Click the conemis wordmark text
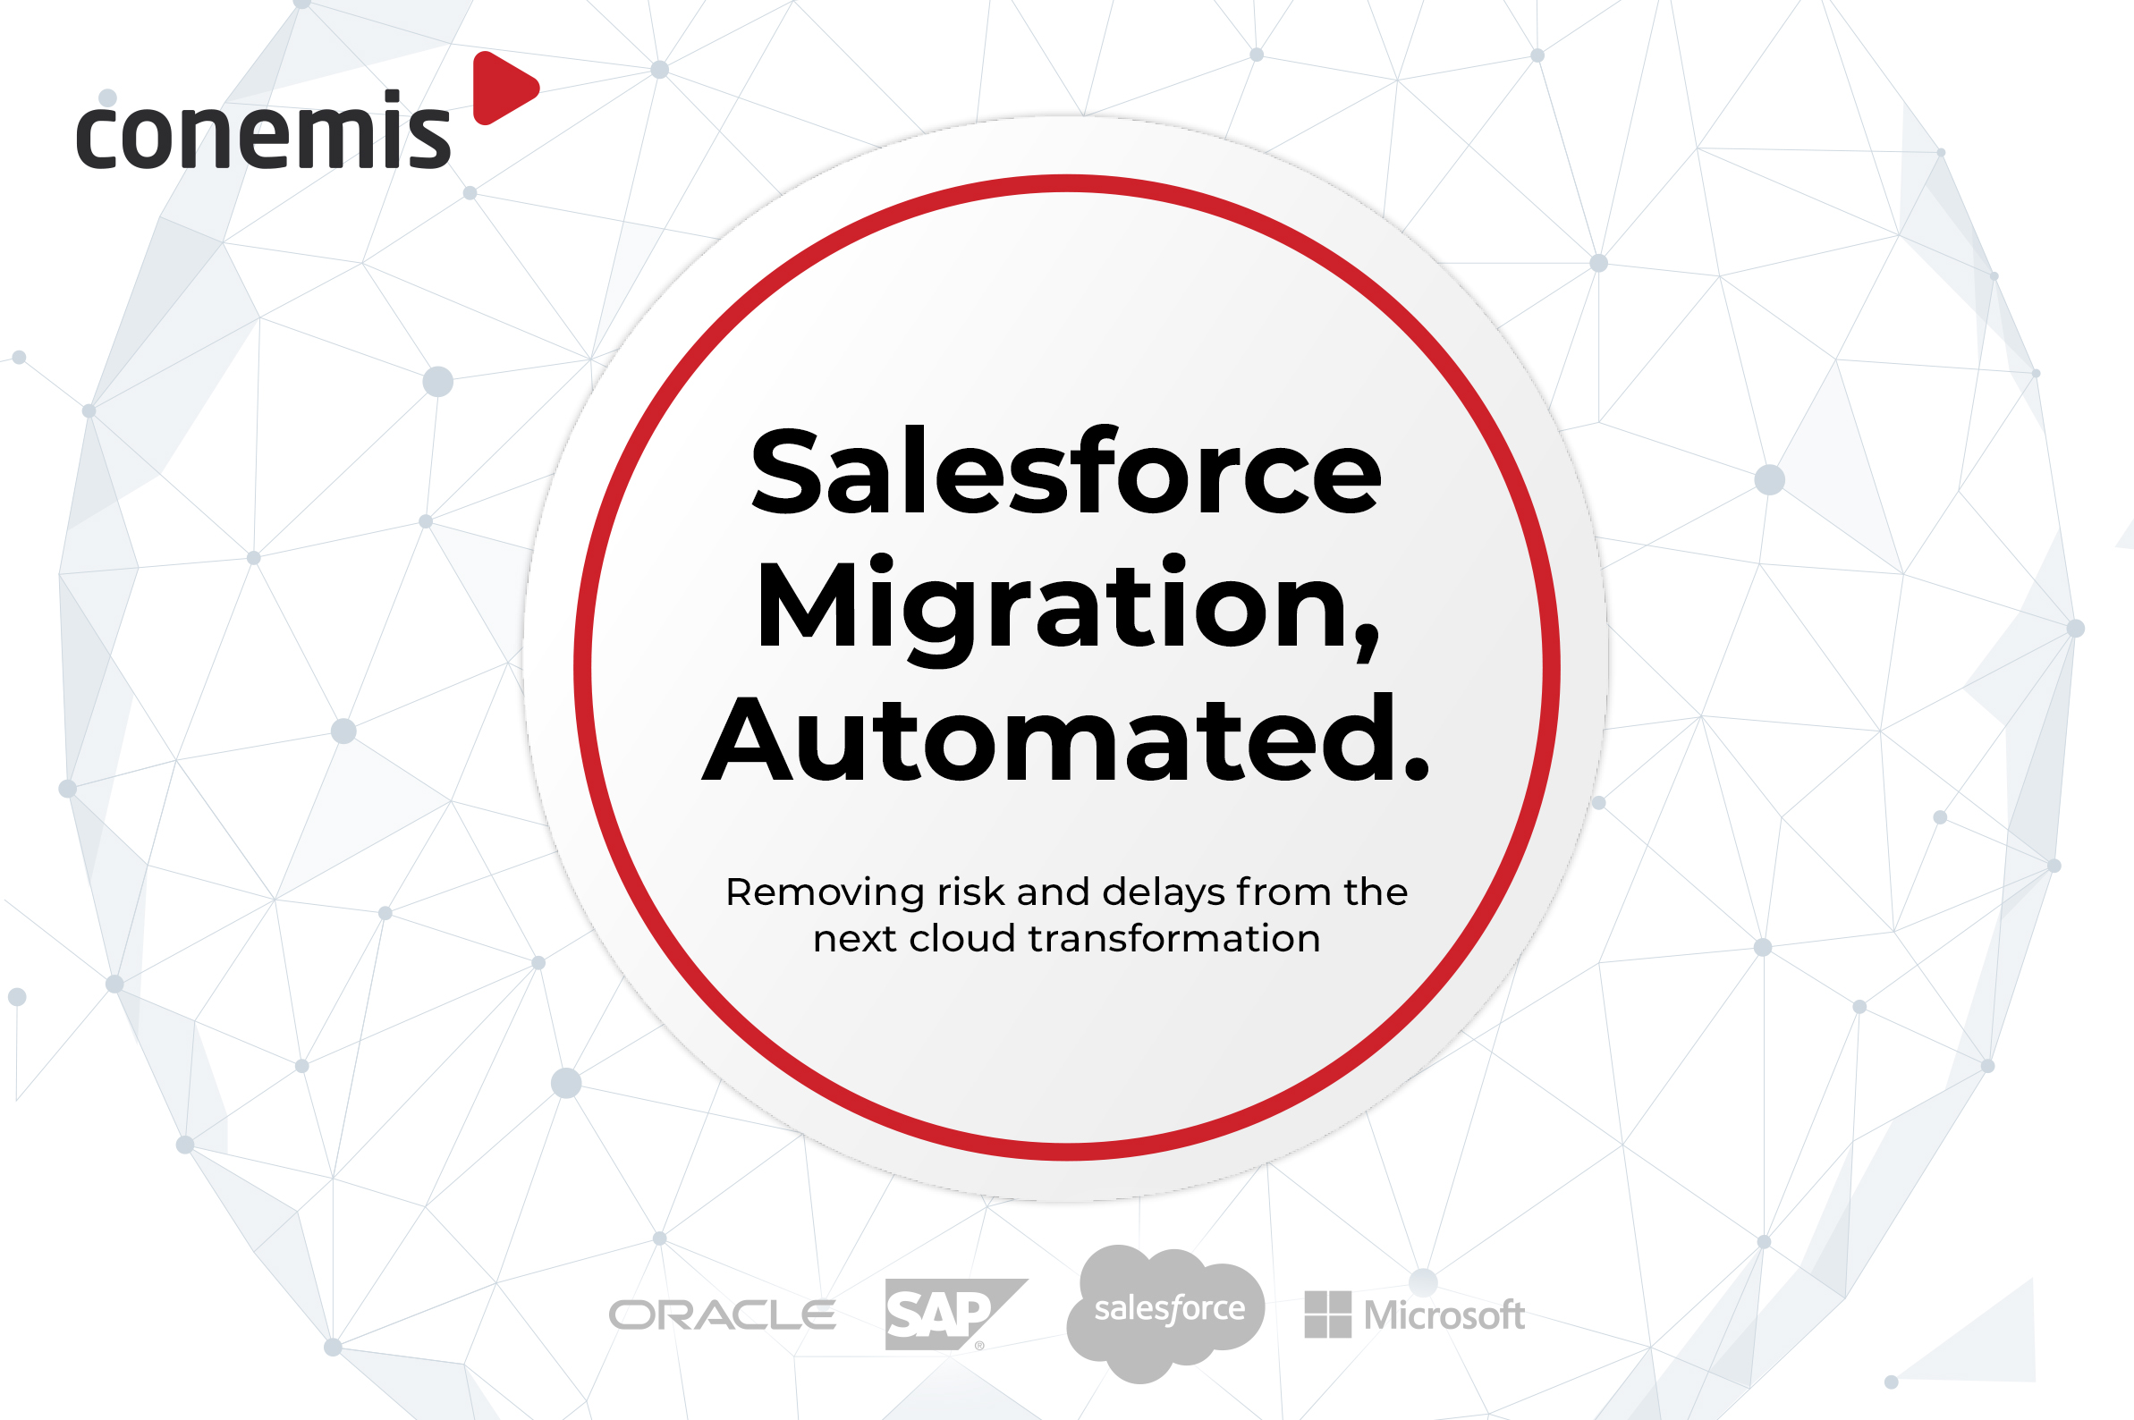tap(263, 133)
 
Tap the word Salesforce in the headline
tap(1066, 473)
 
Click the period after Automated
tap(1416, 769)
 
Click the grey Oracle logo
tap(722, 1316)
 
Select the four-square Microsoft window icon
tap(1327, 1315)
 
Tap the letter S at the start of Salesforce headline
tap(791, 473)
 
